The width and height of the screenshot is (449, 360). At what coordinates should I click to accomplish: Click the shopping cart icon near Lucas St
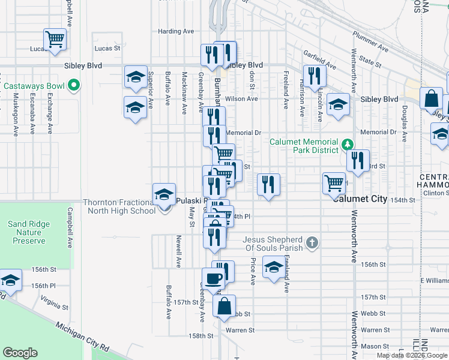(55, 40)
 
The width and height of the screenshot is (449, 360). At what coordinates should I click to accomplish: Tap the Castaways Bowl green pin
(74, 86)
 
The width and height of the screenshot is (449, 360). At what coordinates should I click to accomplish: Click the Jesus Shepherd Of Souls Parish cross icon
(311, 243)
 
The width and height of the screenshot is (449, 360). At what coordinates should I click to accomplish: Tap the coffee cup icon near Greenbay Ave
(213, 278)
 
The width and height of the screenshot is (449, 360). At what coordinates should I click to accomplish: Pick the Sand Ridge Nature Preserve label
(29, 233)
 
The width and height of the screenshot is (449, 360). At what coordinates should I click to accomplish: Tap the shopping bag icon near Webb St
(224, 305)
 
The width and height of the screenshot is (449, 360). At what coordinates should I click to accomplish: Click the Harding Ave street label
(176, 31)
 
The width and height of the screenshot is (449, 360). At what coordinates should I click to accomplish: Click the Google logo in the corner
(20, 353)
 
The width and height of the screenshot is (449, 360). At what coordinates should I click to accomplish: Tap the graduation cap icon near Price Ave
(274, 268)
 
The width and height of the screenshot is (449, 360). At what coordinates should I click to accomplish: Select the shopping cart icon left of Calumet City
(334, 183)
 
